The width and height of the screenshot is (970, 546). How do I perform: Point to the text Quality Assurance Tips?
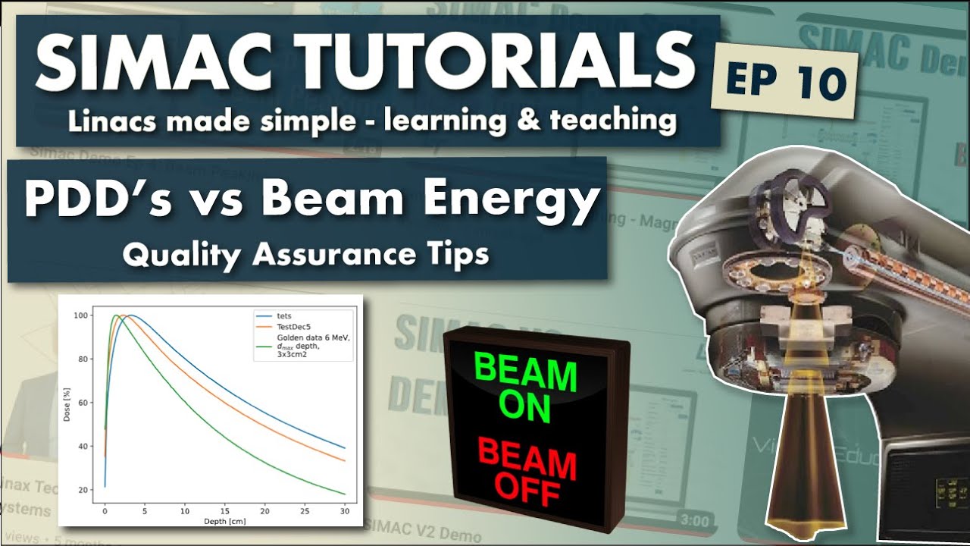305,255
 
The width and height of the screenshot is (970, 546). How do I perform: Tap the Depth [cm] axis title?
225,521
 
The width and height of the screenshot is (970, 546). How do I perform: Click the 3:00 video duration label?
695,521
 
